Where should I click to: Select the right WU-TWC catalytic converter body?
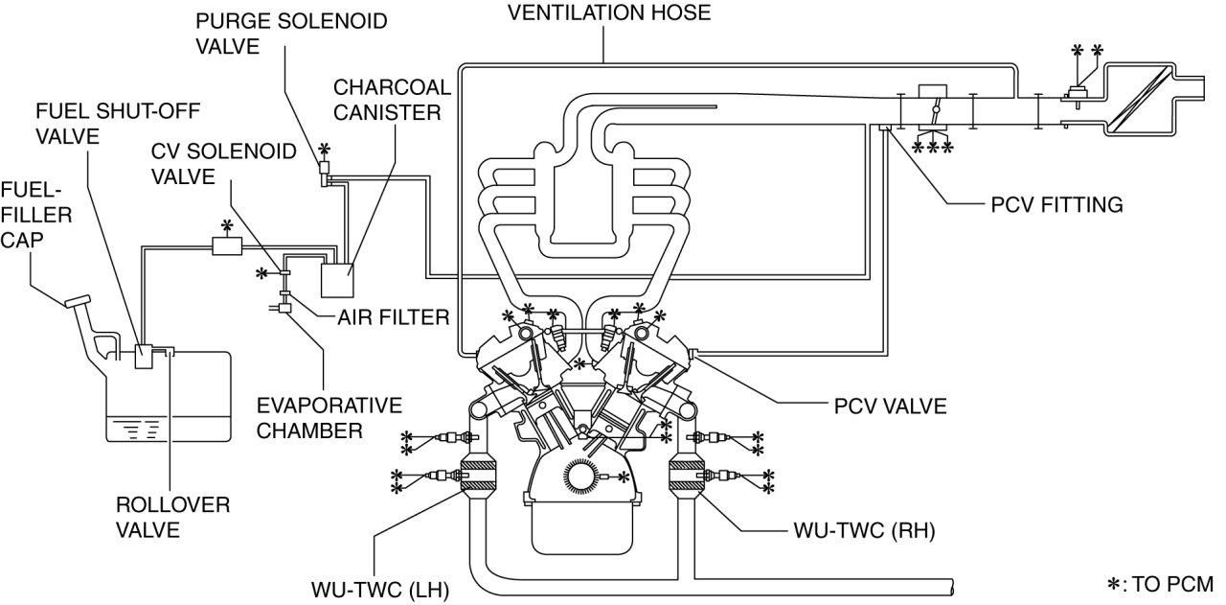tap(688, 474)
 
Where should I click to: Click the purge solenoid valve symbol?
tap(324, 172)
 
